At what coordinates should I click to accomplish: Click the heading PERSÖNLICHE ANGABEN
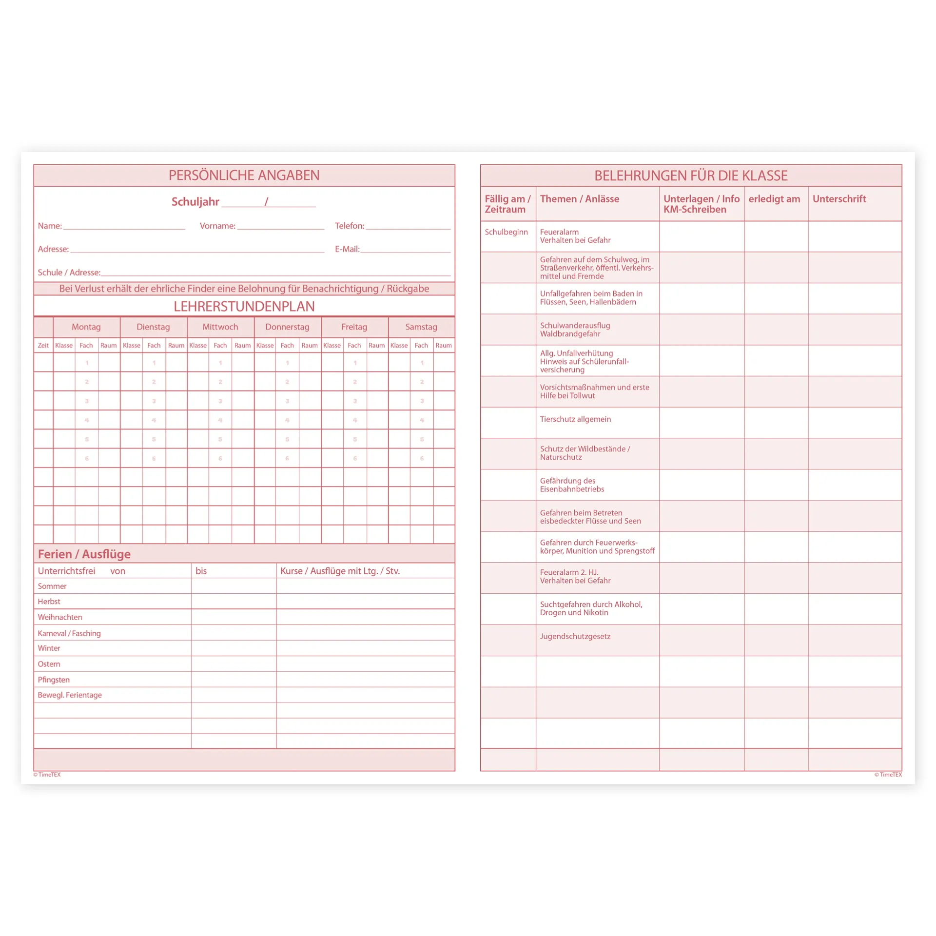point(244,175)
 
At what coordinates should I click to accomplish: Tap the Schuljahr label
point(195,202)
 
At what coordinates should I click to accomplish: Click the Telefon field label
point(349,226)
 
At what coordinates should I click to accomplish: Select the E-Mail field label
point(347,249)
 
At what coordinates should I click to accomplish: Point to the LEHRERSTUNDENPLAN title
point(244,307)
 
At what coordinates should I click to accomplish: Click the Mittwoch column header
point(220,327)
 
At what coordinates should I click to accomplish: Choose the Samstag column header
point(421,327)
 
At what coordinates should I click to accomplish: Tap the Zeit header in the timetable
point(43,346)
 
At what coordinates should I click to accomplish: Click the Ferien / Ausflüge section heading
point(84,554)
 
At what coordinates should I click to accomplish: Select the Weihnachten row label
point(60,617)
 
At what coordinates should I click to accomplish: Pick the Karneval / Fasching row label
point(69,633)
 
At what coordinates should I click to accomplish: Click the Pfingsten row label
point(54,680)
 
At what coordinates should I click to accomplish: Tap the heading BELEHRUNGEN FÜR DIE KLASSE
point(691,175)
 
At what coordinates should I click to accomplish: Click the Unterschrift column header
point(839,199)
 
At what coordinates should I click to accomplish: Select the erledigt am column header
point(774,199)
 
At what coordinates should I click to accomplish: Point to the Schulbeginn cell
point(506,232)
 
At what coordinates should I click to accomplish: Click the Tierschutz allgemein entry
point(575,419)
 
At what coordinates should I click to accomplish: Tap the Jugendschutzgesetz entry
point(575,636)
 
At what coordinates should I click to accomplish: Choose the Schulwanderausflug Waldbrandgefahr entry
point(574,330)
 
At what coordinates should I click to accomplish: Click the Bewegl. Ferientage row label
point(70,695)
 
